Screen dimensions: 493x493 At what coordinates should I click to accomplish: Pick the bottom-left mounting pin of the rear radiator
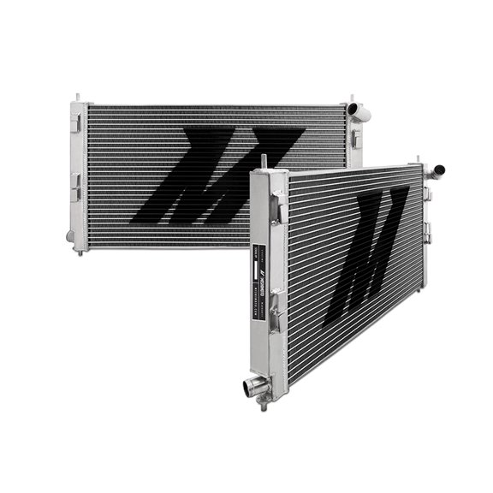point(79,249)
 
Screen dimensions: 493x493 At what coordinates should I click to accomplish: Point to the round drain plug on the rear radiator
point(69,231)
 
